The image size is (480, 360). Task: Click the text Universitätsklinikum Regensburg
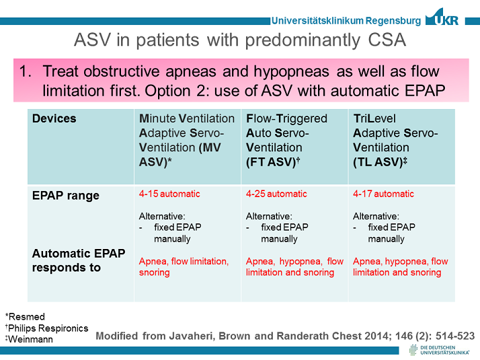pos(346,21)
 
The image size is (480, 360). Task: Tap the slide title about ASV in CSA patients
pos(239,41)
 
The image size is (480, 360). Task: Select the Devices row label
pos(54,118)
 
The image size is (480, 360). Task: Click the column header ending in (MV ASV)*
pos(187,140)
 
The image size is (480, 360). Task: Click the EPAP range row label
pos(66,196)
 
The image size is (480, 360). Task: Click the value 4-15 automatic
pos(169,194)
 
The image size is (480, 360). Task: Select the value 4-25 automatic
pos(276,194)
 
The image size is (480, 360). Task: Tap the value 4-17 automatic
pos(383,194)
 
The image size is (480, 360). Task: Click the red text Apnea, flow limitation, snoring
pos(183,267)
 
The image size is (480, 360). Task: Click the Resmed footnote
pos(25,316)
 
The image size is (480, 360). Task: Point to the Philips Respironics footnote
pos(46,328)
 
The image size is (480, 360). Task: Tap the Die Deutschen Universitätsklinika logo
pos(440,350)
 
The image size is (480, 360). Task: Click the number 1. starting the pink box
pos(29,71)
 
